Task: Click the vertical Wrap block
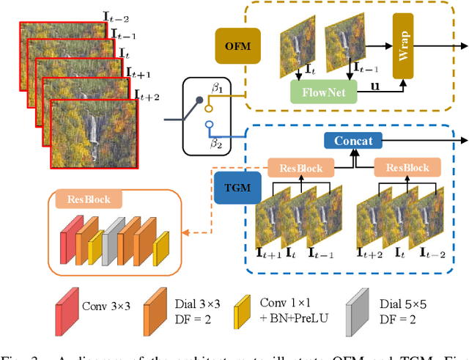[407, 45]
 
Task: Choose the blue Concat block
[355, 141]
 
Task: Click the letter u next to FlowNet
[376, 87]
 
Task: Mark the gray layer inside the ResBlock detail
[109, 240]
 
